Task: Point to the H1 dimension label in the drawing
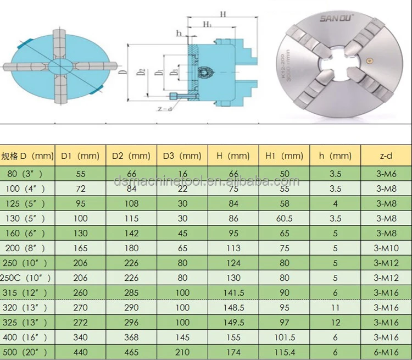[x=208, y=25]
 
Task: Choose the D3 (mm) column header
[x=182, y=156]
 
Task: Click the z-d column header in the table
[x=386, y=156]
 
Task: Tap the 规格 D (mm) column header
[x=27, y=156]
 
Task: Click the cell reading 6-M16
[x=386, y=352]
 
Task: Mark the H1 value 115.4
[x=284, y=352]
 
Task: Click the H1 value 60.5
[x=284, y=219]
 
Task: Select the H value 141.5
[x=233, y=293]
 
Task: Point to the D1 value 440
[x=80, y=352]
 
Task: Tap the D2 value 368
[x=131, y=337]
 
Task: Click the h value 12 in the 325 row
[x=336, y=323]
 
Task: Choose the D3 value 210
[x=182, y=352]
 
